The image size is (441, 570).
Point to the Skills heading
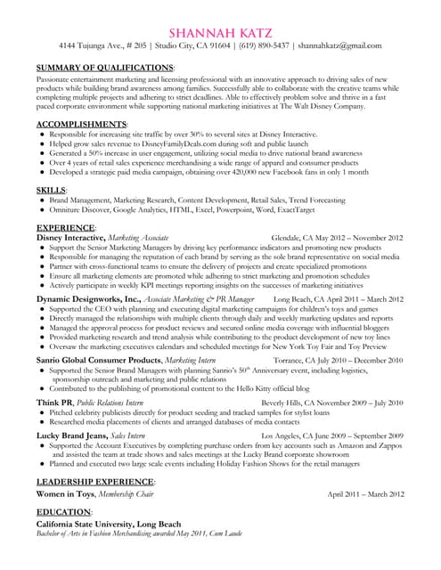52,191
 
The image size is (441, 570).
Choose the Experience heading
66,227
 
